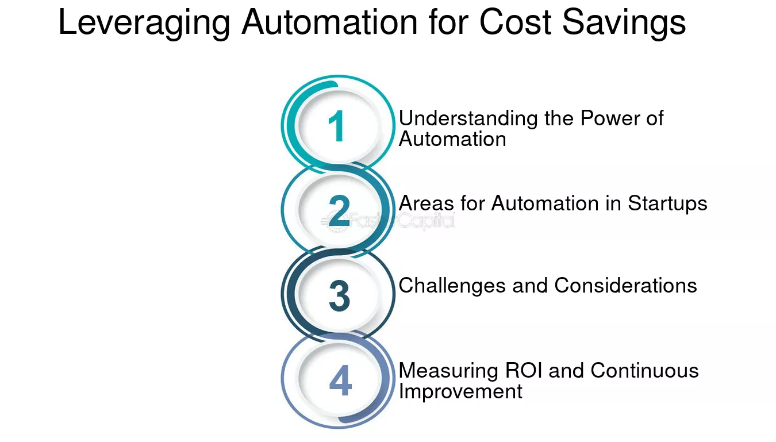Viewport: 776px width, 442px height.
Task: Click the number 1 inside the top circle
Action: tap(336, 126)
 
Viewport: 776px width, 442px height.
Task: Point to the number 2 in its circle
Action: tap(339, 210)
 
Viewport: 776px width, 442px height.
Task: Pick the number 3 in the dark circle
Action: tap(340, 295)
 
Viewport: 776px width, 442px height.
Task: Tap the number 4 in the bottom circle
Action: tap(340, 380)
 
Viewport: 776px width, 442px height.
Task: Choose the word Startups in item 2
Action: tap(667, 203)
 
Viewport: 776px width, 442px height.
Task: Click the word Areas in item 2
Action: tap(426, 203)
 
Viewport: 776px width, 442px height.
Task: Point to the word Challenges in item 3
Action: tap(452, 286)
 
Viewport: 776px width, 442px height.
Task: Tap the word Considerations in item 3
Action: tap(625, 286)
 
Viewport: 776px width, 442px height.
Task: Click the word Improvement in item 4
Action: tap(460, 392)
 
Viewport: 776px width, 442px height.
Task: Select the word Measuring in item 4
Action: tap(448, 371)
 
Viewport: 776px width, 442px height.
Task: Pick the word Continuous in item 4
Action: tap(645, 370)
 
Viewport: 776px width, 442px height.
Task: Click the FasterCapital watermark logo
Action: tap(388, 221)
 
